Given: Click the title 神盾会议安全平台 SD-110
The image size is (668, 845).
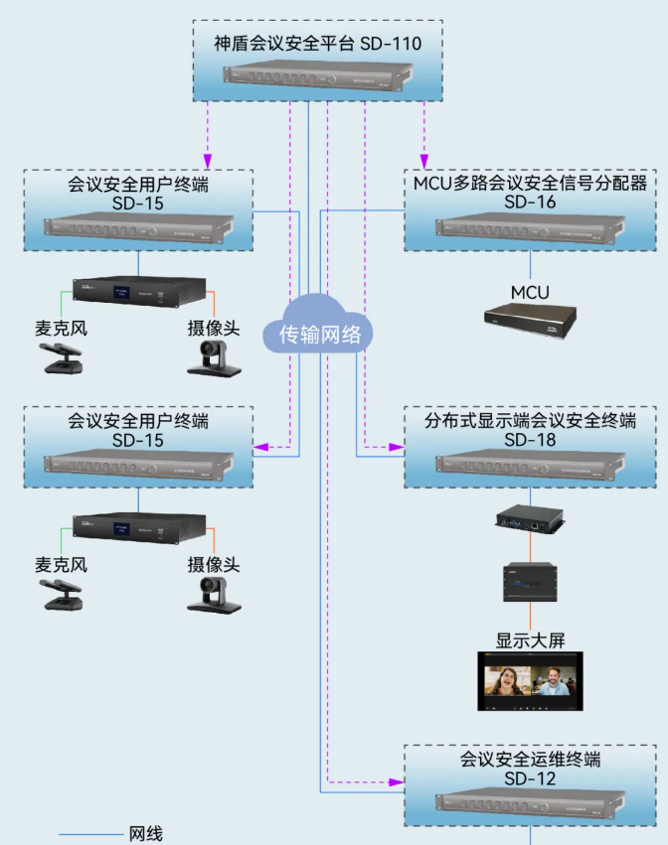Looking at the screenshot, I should pos(318,44).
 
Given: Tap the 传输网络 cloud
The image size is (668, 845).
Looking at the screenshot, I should pos(318,334).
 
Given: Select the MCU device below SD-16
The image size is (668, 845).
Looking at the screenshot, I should pos(530,319).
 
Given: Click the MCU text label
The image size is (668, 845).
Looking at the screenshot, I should pos(530,292).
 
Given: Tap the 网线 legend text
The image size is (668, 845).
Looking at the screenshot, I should pos(145,834).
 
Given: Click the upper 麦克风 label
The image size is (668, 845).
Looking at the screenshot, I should pos(61,328).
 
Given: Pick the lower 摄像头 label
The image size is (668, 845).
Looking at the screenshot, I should pos(214,565).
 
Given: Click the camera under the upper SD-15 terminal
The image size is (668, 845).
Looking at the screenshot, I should pos(214,358).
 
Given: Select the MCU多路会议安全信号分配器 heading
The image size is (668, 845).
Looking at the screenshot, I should pos(530,183).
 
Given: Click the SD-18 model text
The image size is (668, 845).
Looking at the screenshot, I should pos(530,440).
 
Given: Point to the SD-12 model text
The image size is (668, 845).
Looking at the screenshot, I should pos(530,778).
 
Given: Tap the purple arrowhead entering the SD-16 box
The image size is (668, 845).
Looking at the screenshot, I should pos(424,161).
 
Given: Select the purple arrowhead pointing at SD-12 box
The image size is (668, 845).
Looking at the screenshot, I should pos(397,781).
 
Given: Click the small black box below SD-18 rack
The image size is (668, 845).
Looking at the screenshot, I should pos(530,517).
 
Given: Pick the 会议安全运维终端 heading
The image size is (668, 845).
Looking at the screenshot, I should pos(530,760).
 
